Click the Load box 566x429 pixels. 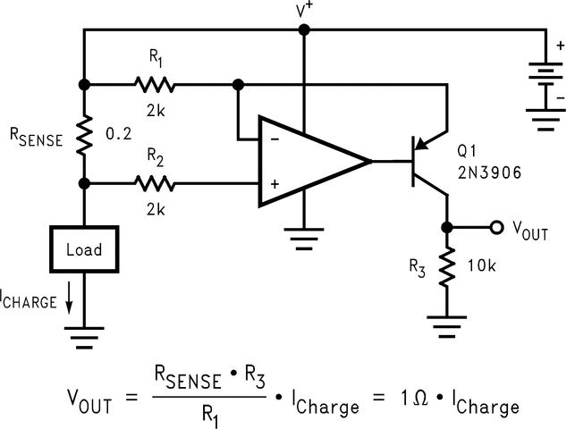coord(83,249)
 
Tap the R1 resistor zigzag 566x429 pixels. coord(156,85)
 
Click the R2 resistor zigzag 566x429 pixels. coord(156,184)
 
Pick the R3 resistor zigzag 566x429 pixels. coord(446,268)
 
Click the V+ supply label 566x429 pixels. coord(305,10)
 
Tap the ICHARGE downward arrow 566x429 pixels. coord(68,302)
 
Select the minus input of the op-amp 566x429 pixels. coord(274,139)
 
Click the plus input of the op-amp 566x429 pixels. coord(274,184)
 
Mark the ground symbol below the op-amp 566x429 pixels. coord(304,238)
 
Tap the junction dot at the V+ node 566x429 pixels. coord(304,29)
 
